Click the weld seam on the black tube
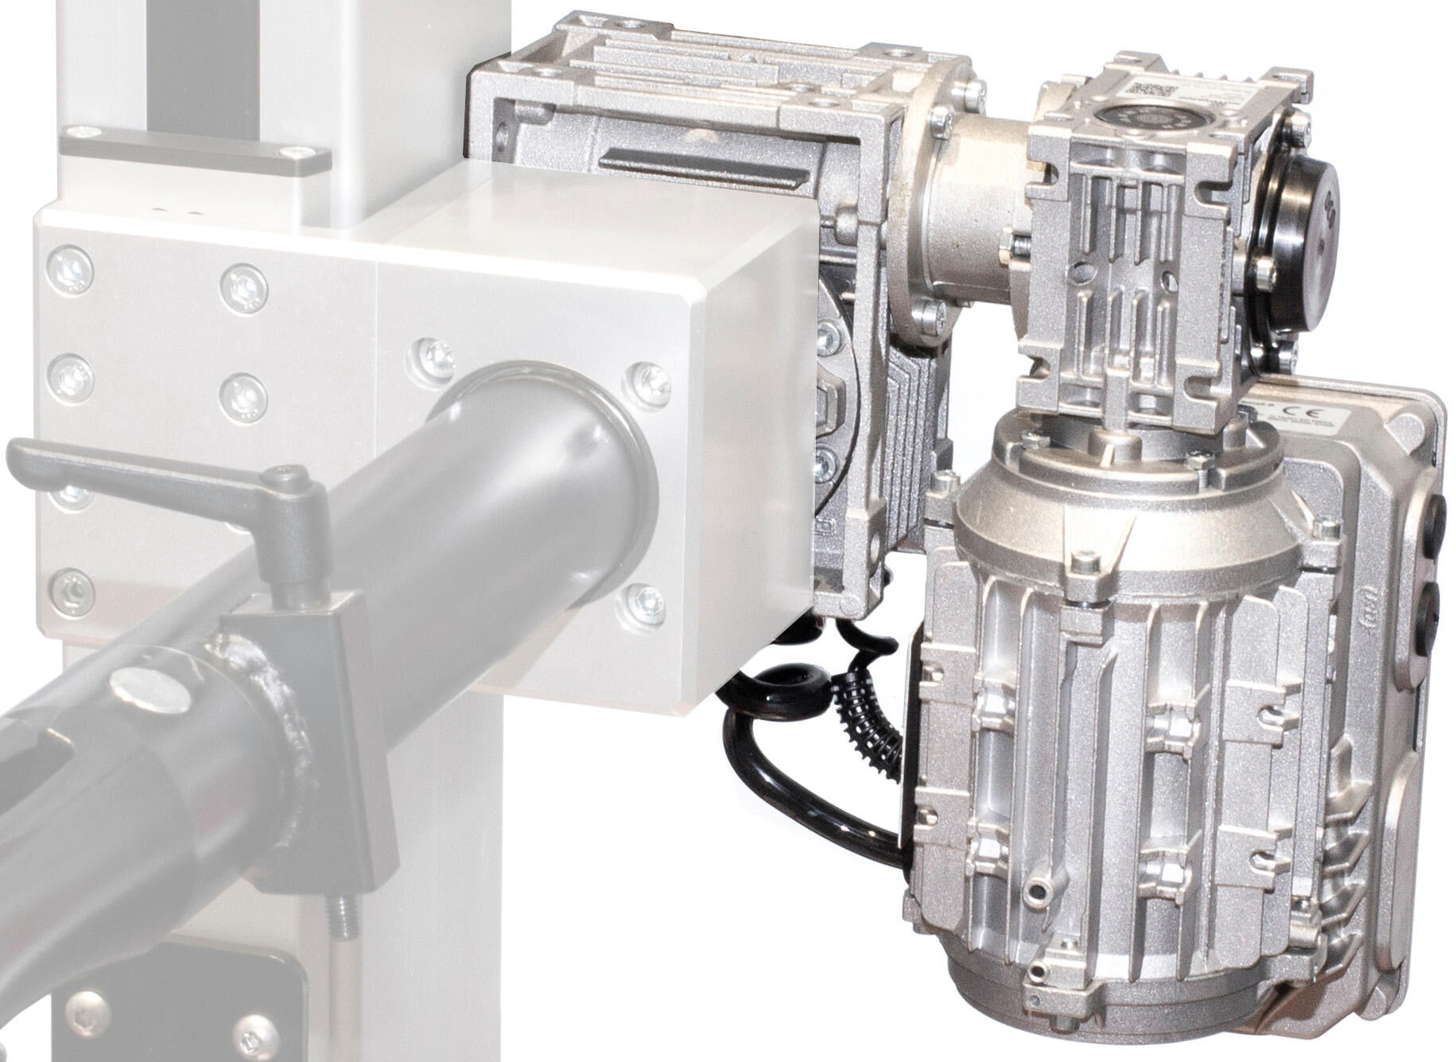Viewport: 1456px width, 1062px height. tap(278, 700)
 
